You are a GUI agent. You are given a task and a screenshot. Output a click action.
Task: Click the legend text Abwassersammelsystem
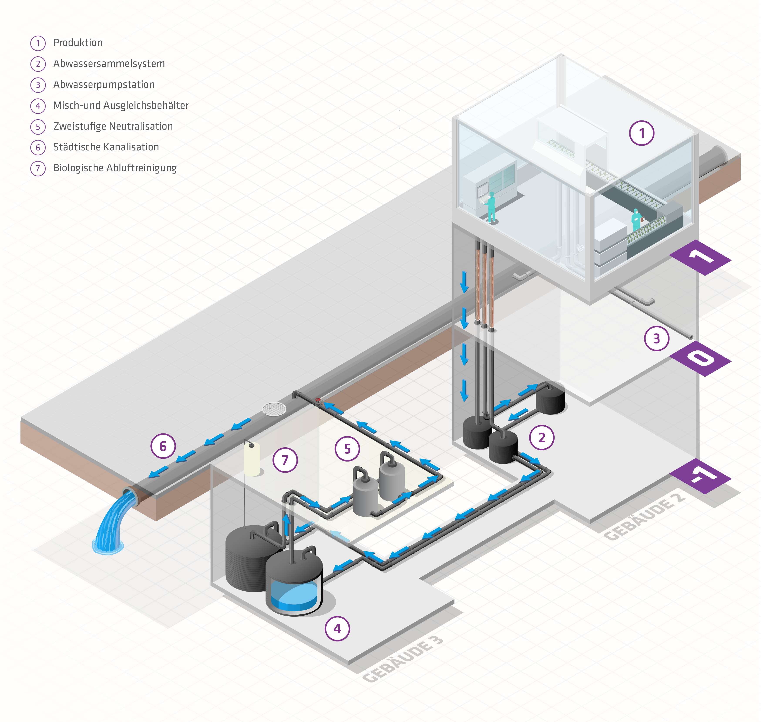[x=109, y=64]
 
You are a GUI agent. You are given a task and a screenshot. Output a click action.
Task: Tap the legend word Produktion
[x=78, y=43]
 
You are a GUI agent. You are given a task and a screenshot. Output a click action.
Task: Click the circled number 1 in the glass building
[x=641, y=133]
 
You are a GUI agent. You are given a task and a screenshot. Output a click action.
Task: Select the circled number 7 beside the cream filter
[x=285, y=460]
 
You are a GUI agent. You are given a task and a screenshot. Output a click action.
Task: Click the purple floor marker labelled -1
[x=700, y=476]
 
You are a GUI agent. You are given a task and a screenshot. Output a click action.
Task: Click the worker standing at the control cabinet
[x=491, y=207]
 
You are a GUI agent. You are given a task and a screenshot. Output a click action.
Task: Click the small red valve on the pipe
[x=318, y=400]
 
